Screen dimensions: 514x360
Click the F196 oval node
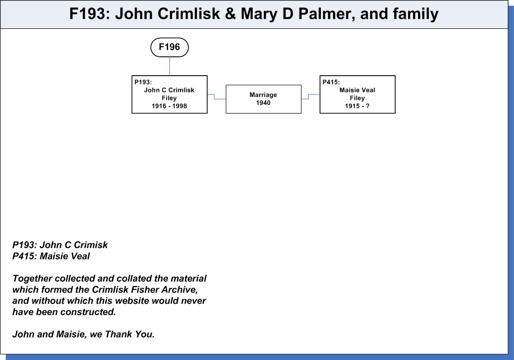click(x=170, y=47)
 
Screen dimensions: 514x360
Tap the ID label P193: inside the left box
click(x=143, y=82)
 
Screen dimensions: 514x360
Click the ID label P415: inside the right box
click(x=331, y=82)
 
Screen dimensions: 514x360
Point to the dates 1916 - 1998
click(x=169, y=106)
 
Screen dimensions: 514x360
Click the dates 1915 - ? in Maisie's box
click(x=357, y=106)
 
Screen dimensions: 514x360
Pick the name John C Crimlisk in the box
click(x=169, y=90)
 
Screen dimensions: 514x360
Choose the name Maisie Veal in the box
click(x=357, y=90)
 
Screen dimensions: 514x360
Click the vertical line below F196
click(x=170, y=66)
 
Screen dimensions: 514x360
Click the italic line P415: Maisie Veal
click(x=51, y=256)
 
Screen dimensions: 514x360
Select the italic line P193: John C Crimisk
click(x=60, y=245)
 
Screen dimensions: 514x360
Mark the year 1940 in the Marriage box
click(x=263, y=103)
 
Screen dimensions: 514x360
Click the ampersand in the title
click(x=230, y=14)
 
